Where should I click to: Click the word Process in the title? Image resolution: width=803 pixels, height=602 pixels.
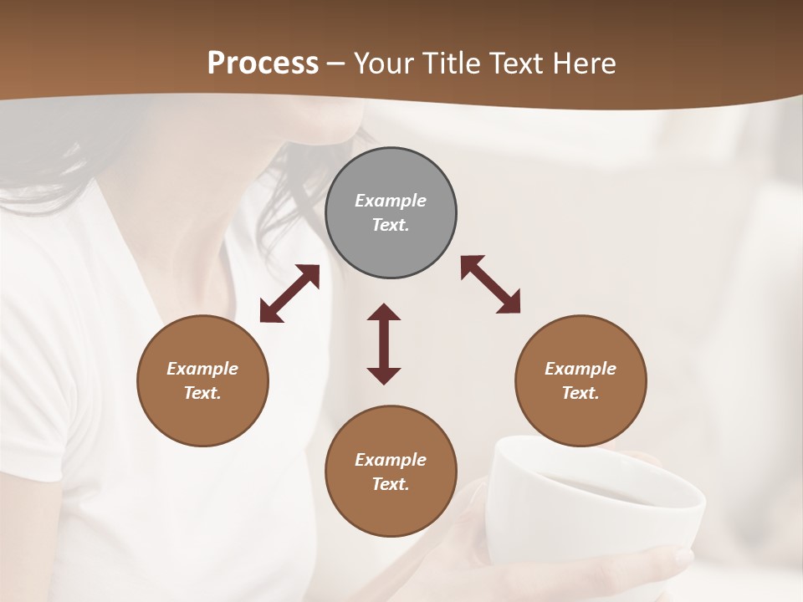coord(263,64)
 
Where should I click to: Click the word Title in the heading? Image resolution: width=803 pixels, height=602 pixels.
coord(450,64)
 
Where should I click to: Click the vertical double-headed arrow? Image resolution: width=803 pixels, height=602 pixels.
coord(384,344)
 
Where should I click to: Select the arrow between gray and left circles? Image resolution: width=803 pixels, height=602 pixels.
coord(289,293)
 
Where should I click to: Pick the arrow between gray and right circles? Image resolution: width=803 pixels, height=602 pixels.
coord(490,284)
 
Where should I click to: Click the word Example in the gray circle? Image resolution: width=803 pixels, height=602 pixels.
coord(391,201)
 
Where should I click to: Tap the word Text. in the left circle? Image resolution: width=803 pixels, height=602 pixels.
coord(202,393)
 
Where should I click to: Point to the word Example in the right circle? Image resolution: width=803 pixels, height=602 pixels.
coord(581,369)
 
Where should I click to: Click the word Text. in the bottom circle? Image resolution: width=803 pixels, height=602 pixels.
coord(391,484)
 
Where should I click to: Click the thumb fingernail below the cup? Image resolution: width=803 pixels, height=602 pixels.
coord(681,556)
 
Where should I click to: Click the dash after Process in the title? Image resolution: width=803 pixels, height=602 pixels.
coord(336,64)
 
